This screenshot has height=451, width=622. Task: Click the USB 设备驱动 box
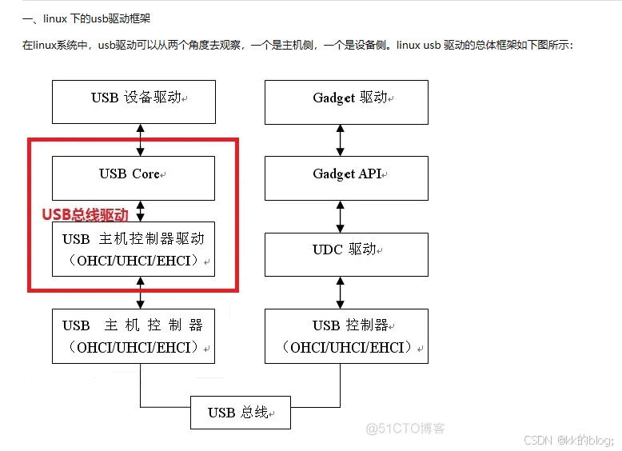(x=134, y=101)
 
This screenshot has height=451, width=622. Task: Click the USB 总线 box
(x=240, y=413)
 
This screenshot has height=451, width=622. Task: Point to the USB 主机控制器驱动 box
(x=134, y=249)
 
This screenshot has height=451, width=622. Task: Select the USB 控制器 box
(x=346, y=336)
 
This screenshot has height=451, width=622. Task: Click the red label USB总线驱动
(x=85, y=214)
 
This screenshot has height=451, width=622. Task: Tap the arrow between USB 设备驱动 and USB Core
(x=141, y=139)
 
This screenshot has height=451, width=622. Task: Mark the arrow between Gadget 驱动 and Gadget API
(x=341, y=139)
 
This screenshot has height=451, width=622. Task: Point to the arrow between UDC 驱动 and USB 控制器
(x=341, y=292)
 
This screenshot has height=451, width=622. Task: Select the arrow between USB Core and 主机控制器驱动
(x=141, y=210)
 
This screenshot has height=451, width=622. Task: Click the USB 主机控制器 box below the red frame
(x=134, y=336)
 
